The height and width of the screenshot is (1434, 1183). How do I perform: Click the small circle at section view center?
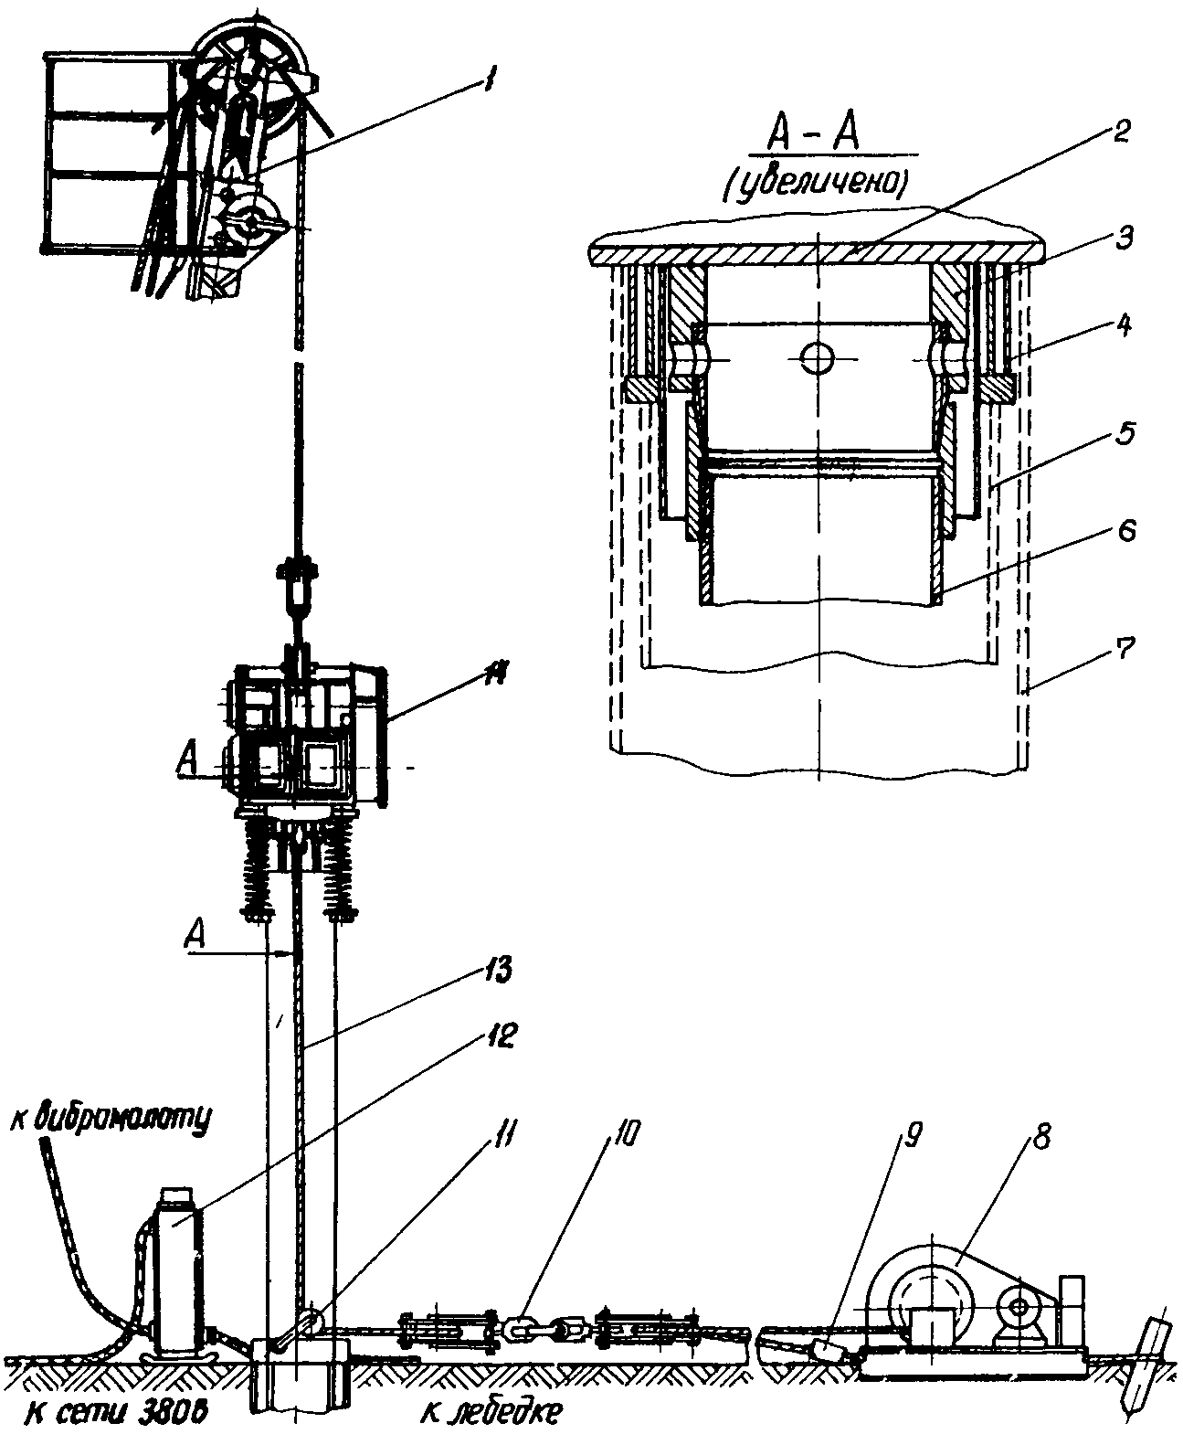click(x=817, y=358)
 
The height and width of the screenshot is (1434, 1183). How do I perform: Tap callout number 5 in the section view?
click(x=1124, y=434)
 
